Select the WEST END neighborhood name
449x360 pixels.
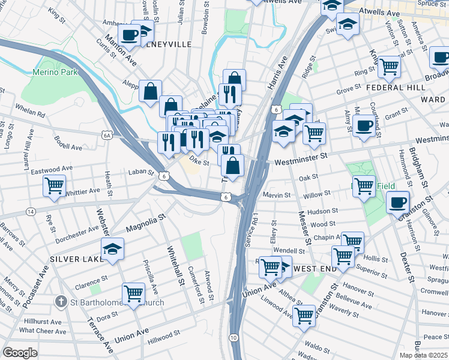pyautogui.click(x=316, y=268)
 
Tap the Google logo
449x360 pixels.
pyautogui.click(x=20, y=353)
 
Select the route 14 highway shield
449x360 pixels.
pyautogui.click(x=29, y=212)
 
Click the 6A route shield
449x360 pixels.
pyautogui.click(x=107, y=136)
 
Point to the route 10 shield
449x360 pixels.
pyautogui.click(x=234, y=338)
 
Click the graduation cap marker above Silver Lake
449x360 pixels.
pyautogui.click(x=112, y=248)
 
